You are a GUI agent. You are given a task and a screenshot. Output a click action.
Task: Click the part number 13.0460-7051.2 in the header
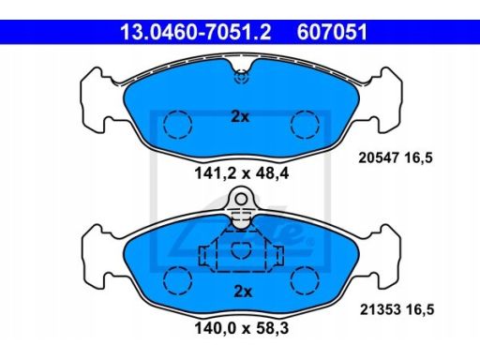point(196,32)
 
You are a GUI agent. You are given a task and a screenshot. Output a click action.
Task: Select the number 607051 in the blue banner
point(332,32)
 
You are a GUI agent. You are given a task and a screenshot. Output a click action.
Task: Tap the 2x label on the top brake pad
point(240,117)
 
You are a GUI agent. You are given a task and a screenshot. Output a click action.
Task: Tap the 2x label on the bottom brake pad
point(243,292)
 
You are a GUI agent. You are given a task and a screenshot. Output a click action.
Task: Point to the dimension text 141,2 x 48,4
point(242,172)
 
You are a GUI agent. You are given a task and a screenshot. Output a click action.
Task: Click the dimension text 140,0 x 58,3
point(242,328)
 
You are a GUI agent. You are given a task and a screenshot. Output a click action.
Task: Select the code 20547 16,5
point(396,157)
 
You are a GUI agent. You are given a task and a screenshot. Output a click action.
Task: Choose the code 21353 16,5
point(397,309)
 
